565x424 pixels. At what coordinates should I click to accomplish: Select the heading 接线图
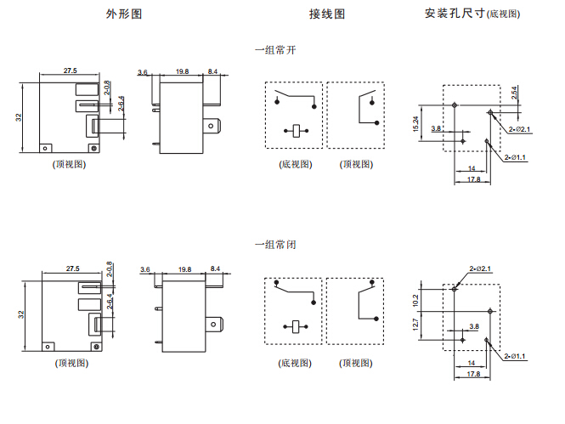click(x=327, y=14)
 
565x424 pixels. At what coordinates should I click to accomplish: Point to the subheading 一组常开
click(x=275, y=50)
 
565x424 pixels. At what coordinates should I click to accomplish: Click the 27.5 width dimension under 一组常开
click(x=70, y=71)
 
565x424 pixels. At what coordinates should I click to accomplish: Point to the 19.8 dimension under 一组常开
click(x=182, y=72)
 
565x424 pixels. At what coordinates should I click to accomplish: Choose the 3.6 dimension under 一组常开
click(x=143, y=72)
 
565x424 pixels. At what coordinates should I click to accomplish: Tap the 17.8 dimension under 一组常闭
click(x=473, y=373)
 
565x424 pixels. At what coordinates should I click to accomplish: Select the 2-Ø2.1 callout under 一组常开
click(x=520, y=129)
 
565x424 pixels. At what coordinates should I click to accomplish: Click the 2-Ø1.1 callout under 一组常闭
click(x=515, y=356)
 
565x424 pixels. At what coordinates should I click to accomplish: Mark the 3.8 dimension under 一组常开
click(x=436, y=128)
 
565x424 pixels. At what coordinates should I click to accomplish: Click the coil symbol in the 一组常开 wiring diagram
click(x=295, y=130)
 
